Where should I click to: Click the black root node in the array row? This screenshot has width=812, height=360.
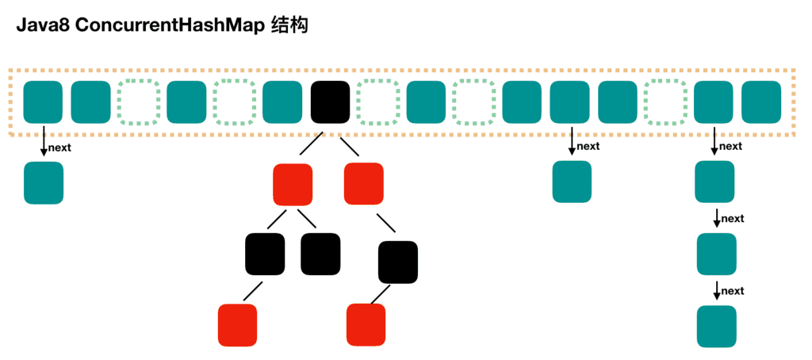pos(330,101)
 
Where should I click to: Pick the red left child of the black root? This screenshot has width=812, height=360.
pos(292,183)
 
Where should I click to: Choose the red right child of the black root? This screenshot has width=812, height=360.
pos(364,183)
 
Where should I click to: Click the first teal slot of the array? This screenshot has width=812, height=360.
pos(43,101)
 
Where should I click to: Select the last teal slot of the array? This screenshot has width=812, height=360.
pos(761,101)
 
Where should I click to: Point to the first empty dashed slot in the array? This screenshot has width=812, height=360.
pos(139,101)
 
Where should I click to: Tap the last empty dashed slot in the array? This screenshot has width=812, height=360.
pos(665,101)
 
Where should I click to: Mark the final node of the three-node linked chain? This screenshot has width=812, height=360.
pos(716,326)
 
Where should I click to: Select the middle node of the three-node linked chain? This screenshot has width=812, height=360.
pos(716,255)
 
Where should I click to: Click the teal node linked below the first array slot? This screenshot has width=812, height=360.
pos(44,183)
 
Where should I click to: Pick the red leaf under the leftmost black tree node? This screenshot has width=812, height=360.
pos(238,325)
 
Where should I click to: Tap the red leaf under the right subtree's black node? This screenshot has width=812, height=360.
pos(366,325)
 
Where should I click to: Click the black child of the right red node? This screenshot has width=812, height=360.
pos(397,261)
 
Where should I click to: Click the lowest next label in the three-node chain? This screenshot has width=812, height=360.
pos(733,291)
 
